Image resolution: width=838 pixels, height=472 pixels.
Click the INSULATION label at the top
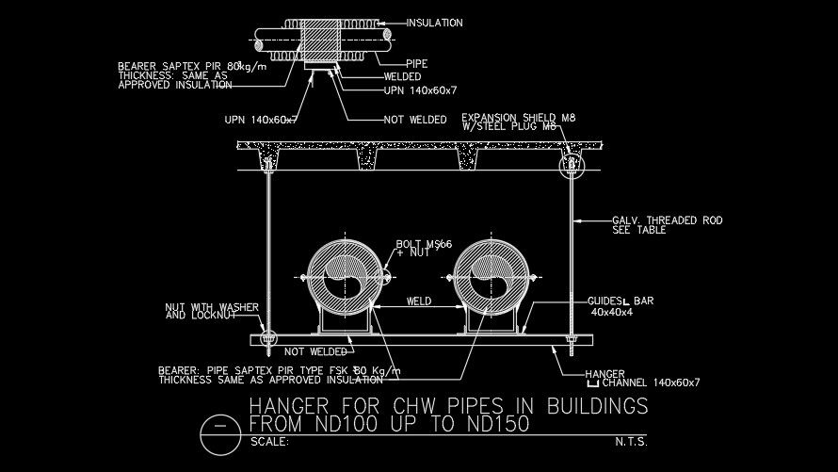(x=436, y=22)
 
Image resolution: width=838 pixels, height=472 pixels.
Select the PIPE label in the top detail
(x=416, y=64)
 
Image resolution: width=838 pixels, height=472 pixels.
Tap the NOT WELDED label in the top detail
(x=414, y=120)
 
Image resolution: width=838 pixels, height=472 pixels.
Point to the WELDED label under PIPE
(x=409, y=77)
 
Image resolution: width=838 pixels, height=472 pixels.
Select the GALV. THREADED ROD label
(x=667, y=220)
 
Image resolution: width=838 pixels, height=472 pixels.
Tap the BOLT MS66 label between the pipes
(x=424, y=245)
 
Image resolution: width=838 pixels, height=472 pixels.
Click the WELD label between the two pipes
(x=419, y=302)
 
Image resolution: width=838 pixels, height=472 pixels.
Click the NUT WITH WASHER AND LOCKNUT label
(x=201, y=311)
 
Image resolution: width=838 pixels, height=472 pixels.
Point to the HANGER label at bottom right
(x=604, y=373)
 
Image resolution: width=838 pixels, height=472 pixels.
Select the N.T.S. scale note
(x=632, y=442)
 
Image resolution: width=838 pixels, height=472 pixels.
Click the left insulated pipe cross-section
(x=340, y=278)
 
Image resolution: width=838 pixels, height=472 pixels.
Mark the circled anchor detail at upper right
(x=571, y=168)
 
